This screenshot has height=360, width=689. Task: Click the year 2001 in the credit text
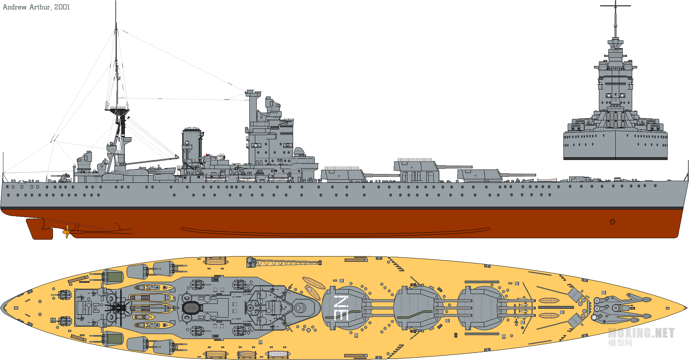coord(62,7)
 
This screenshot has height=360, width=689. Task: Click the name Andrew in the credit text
coord(15,7)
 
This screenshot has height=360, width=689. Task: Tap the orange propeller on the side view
coord(66,232)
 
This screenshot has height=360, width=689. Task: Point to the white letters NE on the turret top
coord(341,308)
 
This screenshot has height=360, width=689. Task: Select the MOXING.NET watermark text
coord(641,333)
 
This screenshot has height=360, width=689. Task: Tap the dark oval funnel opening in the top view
coord(191,308)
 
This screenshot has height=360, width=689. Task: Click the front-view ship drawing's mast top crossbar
coord(615,6)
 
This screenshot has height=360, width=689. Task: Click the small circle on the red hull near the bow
coord(612,222)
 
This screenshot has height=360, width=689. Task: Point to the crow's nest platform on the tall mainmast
coord(117,112)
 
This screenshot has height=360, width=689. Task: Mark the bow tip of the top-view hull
coord(687,308)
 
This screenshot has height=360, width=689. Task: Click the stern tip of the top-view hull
coord(1,308)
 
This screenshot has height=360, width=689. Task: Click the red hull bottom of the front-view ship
coord(615,159)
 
